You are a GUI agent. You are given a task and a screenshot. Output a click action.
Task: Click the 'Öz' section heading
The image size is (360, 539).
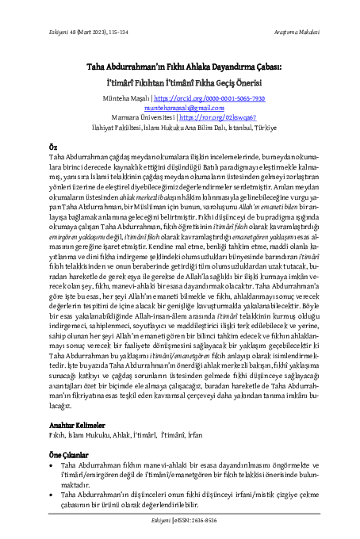[53, 147]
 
